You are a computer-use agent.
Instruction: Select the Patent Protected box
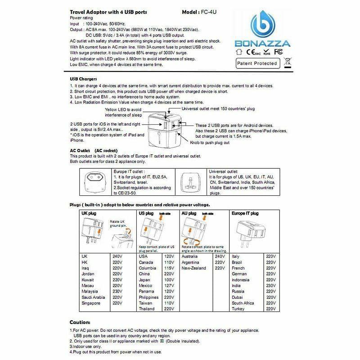(257, 63)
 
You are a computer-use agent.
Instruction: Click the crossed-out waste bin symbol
(287, 63)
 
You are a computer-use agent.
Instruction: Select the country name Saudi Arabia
(93, 297)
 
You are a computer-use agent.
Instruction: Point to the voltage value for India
(271, 285)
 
